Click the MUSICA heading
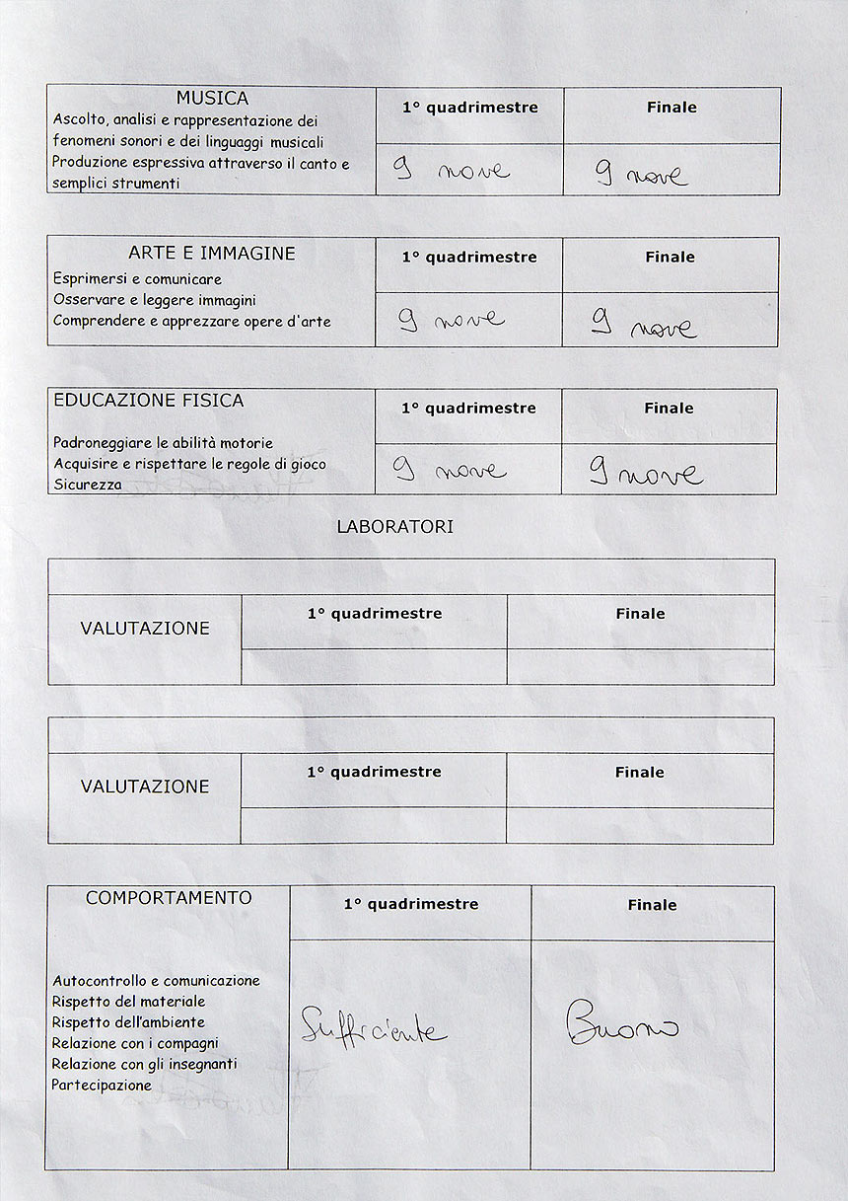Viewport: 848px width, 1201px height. tap(212, 99)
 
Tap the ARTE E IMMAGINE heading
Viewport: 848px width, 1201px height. tap(212, 254)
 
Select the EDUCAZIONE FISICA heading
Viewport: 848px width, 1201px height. tap(149, 401)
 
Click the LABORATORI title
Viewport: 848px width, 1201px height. tap(395, 527)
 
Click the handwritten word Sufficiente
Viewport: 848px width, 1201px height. tap(373, 1027)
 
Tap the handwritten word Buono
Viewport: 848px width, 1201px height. tap(622, 1023)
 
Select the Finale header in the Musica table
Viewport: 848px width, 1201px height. tap(671, 108)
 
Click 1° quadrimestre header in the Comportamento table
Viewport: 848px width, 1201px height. tap(411, 904)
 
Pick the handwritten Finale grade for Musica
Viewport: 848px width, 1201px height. tap(642, 175)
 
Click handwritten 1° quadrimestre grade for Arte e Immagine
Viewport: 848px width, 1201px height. tap(452, 319)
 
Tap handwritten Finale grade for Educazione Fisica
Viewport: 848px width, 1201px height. tap(647, 474)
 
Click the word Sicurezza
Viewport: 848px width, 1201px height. tap(88, 485)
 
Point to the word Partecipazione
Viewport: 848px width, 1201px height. tap(102, 1086)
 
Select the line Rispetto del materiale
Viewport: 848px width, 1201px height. tap(128, 1002)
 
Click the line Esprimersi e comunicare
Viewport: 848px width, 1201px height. tap(137, 279)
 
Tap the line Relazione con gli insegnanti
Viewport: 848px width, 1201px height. tap(145, 1065)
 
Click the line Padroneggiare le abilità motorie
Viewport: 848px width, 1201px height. tap(163, 443)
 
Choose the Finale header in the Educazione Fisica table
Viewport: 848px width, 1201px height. tap(669, 409)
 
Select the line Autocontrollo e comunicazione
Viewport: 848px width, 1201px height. tap(156, 981)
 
